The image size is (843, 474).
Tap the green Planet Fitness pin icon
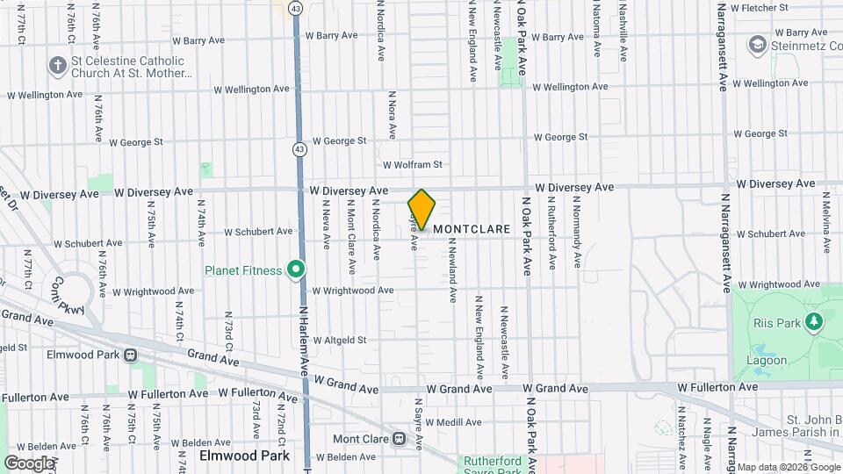297,269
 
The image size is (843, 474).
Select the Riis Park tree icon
815,322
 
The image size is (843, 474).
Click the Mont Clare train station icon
399,438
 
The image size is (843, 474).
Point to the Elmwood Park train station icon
130,355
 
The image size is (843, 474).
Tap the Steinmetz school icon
757,44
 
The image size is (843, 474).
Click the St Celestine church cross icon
58,65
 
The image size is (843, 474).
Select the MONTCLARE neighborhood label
472,229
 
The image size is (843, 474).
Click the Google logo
28,463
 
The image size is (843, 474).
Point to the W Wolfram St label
412,164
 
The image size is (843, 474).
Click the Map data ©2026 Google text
788,467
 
